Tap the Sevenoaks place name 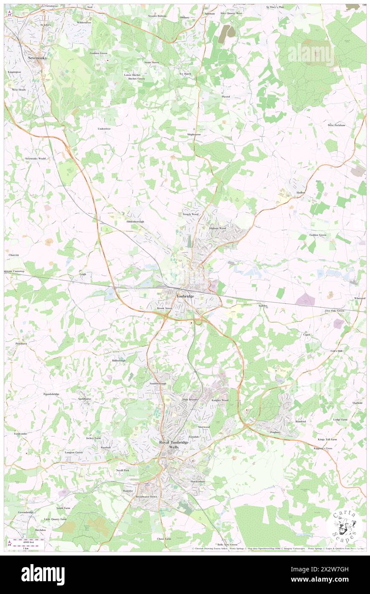(x=36, y=57)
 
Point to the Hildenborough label (x=135, y=222)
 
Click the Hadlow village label (x=301, y=193)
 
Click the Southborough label (x=158, y=383)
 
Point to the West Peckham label (x=336, y=125)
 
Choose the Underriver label (x=104, y=129)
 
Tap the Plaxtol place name (x=226, y=97)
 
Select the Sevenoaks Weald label (x=35, y=159)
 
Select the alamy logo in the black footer (x=43, y=574)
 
